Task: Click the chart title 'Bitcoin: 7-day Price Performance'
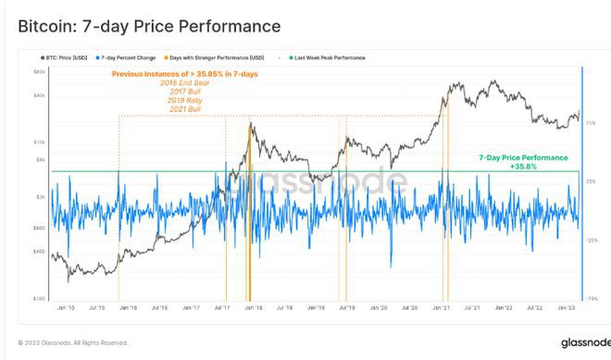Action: coord(149,24)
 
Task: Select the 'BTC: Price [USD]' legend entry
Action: coord(69,57)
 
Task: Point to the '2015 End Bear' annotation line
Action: coord(186,82)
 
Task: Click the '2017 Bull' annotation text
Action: coord(186,92)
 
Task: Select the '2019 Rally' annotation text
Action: coord(186,101)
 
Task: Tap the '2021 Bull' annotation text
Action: coord(186,110)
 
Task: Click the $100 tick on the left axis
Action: coord(40,298)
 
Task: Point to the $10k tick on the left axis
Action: coord(40,142)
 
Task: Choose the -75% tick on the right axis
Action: coord(592,298)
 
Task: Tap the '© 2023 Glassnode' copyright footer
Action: coord(73,341)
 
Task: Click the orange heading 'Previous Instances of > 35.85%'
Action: coord(186,73)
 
